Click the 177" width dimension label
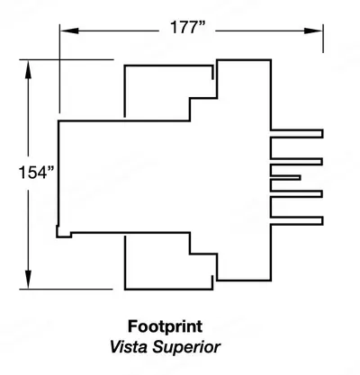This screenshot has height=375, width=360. pyautogui.click(x=188, y=27)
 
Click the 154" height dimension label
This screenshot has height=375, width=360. pyautogui.click(x=37, y=173)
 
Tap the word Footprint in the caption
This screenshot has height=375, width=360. pyautogui.click(x=166, y=326)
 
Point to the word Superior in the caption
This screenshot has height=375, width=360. pyautogui.click(x=186, y=348)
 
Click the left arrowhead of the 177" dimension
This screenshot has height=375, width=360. pyautogui.click(x=69, y=31)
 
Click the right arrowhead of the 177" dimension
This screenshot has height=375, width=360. pyautogui.click(x=313, y=31)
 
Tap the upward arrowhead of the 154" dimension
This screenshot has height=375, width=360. pyautogui.click(x=28, y=70)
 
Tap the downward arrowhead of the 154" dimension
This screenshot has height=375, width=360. pyautogui.click(x=28, y=280)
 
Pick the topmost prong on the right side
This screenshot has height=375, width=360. pyautogui.click(x=297, y=134)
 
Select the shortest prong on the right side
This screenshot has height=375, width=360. pyautogui.click(x=285, y=178)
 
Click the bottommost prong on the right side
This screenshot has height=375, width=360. pyautogui.click(x=297, y=220)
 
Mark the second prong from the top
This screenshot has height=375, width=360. pyautogui.click(x=297, y=162)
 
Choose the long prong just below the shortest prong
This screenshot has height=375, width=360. pyautogui.click(x=297, y=194)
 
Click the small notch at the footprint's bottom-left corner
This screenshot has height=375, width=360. pyautogui.click(x=64, y=232)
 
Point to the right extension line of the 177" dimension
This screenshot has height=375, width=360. pyautogui.click(x=323, y=39)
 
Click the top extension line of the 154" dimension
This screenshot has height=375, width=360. pyautogui.click(x=67, y=59)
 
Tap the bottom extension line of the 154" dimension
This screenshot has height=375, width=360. pyautogui.click(x=66, y=290)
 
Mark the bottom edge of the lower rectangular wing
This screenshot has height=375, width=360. pyautogui.click(x=169, y=290)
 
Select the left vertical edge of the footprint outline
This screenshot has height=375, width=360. pyautogui.click(x=58, y=173)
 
